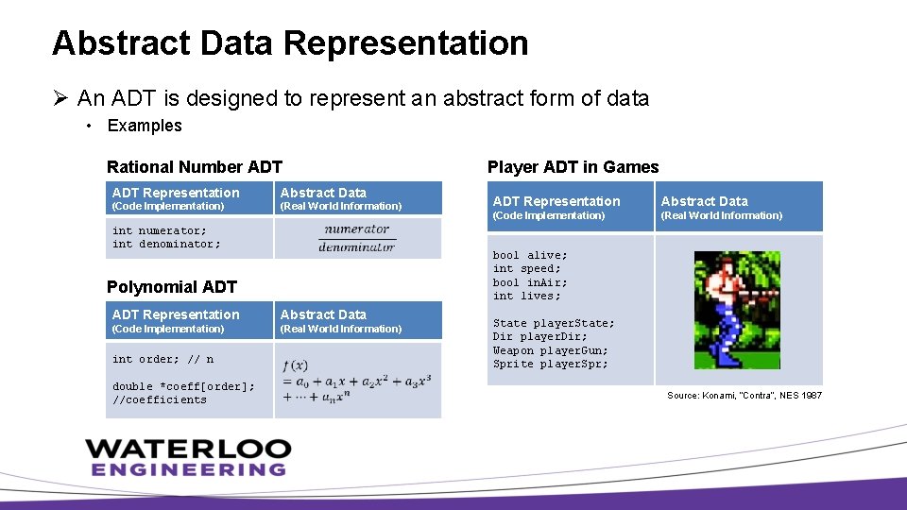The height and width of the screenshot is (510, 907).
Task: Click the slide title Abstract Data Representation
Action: (x=290, y=43)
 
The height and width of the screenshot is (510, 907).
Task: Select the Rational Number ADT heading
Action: (x=195, y=167)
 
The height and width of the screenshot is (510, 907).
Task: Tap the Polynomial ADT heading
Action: (x=172, y=287)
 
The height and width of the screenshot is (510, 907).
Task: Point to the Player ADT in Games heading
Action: (x=573, y=167)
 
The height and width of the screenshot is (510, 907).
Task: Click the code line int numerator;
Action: (x=159, y=230)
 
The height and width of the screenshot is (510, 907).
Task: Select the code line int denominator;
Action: (x=166, y=244)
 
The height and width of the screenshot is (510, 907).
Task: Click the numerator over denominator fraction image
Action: (x=356, y=238)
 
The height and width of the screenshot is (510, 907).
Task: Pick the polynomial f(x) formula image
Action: (x=356, y=381)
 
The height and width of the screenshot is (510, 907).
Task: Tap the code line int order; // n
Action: (x=163, y=359)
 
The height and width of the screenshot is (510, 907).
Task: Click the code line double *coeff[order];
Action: (x=183, y=386)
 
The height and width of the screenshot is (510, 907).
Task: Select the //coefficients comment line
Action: (x=159, y=399)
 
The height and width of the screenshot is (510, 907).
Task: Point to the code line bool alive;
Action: (x=530, y=255)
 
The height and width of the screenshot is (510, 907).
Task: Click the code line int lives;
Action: (x=526, y=296)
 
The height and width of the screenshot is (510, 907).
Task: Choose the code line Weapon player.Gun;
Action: (x=550, y=350)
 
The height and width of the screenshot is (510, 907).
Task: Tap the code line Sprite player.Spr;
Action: (x=550, y=364)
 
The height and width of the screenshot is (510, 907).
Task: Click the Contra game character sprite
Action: (x=737, y=310)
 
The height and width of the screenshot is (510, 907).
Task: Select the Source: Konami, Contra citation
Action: (x=744, y=395)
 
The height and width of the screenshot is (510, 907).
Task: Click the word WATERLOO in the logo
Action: (x=188, y=449)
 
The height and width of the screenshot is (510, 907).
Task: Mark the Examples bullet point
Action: (x=144, y=126)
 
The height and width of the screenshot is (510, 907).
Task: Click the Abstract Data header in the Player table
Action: (x=704, y=201)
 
